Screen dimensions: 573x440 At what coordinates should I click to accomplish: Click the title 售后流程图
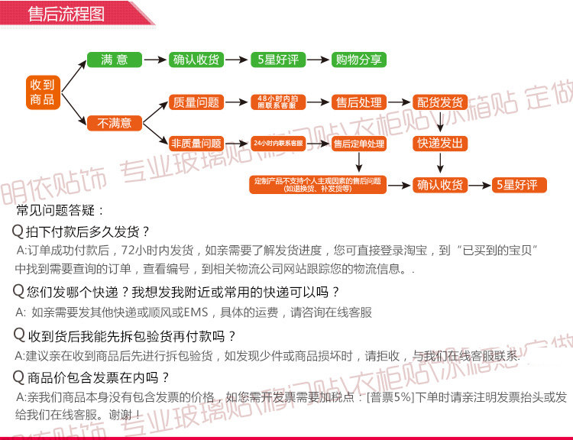click(x=65, y=15)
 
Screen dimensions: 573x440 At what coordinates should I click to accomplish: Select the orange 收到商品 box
click(x=42, y=92)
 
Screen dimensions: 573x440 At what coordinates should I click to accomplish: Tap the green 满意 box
click(x=115, y=60)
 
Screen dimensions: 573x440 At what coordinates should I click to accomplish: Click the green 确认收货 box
click(x=196, y=60)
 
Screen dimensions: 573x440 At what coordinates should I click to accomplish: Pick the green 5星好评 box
click(x=279, y=60)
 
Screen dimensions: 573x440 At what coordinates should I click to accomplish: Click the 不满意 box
click(x=115, y=122)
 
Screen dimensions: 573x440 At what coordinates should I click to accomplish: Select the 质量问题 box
click(x=196, y=102)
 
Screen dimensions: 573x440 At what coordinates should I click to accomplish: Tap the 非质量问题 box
click(x=196, y=143)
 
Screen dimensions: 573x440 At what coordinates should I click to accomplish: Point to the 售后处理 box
click(x=359, y=102)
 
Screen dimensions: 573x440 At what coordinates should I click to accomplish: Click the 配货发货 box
click(x=440, y=102)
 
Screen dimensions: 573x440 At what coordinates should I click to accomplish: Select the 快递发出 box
click(x=440, y=144)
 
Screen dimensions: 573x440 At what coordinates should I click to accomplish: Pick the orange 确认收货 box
click(x=440, y=185)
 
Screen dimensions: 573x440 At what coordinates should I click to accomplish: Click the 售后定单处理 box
click(x=359, y=144)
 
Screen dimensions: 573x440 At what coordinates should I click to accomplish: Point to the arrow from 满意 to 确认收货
click(x=156, y=60)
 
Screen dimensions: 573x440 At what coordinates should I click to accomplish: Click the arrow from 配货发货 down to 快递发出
click(x=440, y=123)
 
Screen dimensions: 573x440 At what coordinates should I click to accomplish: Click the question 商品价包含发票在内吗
click(x=98, y=377)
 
